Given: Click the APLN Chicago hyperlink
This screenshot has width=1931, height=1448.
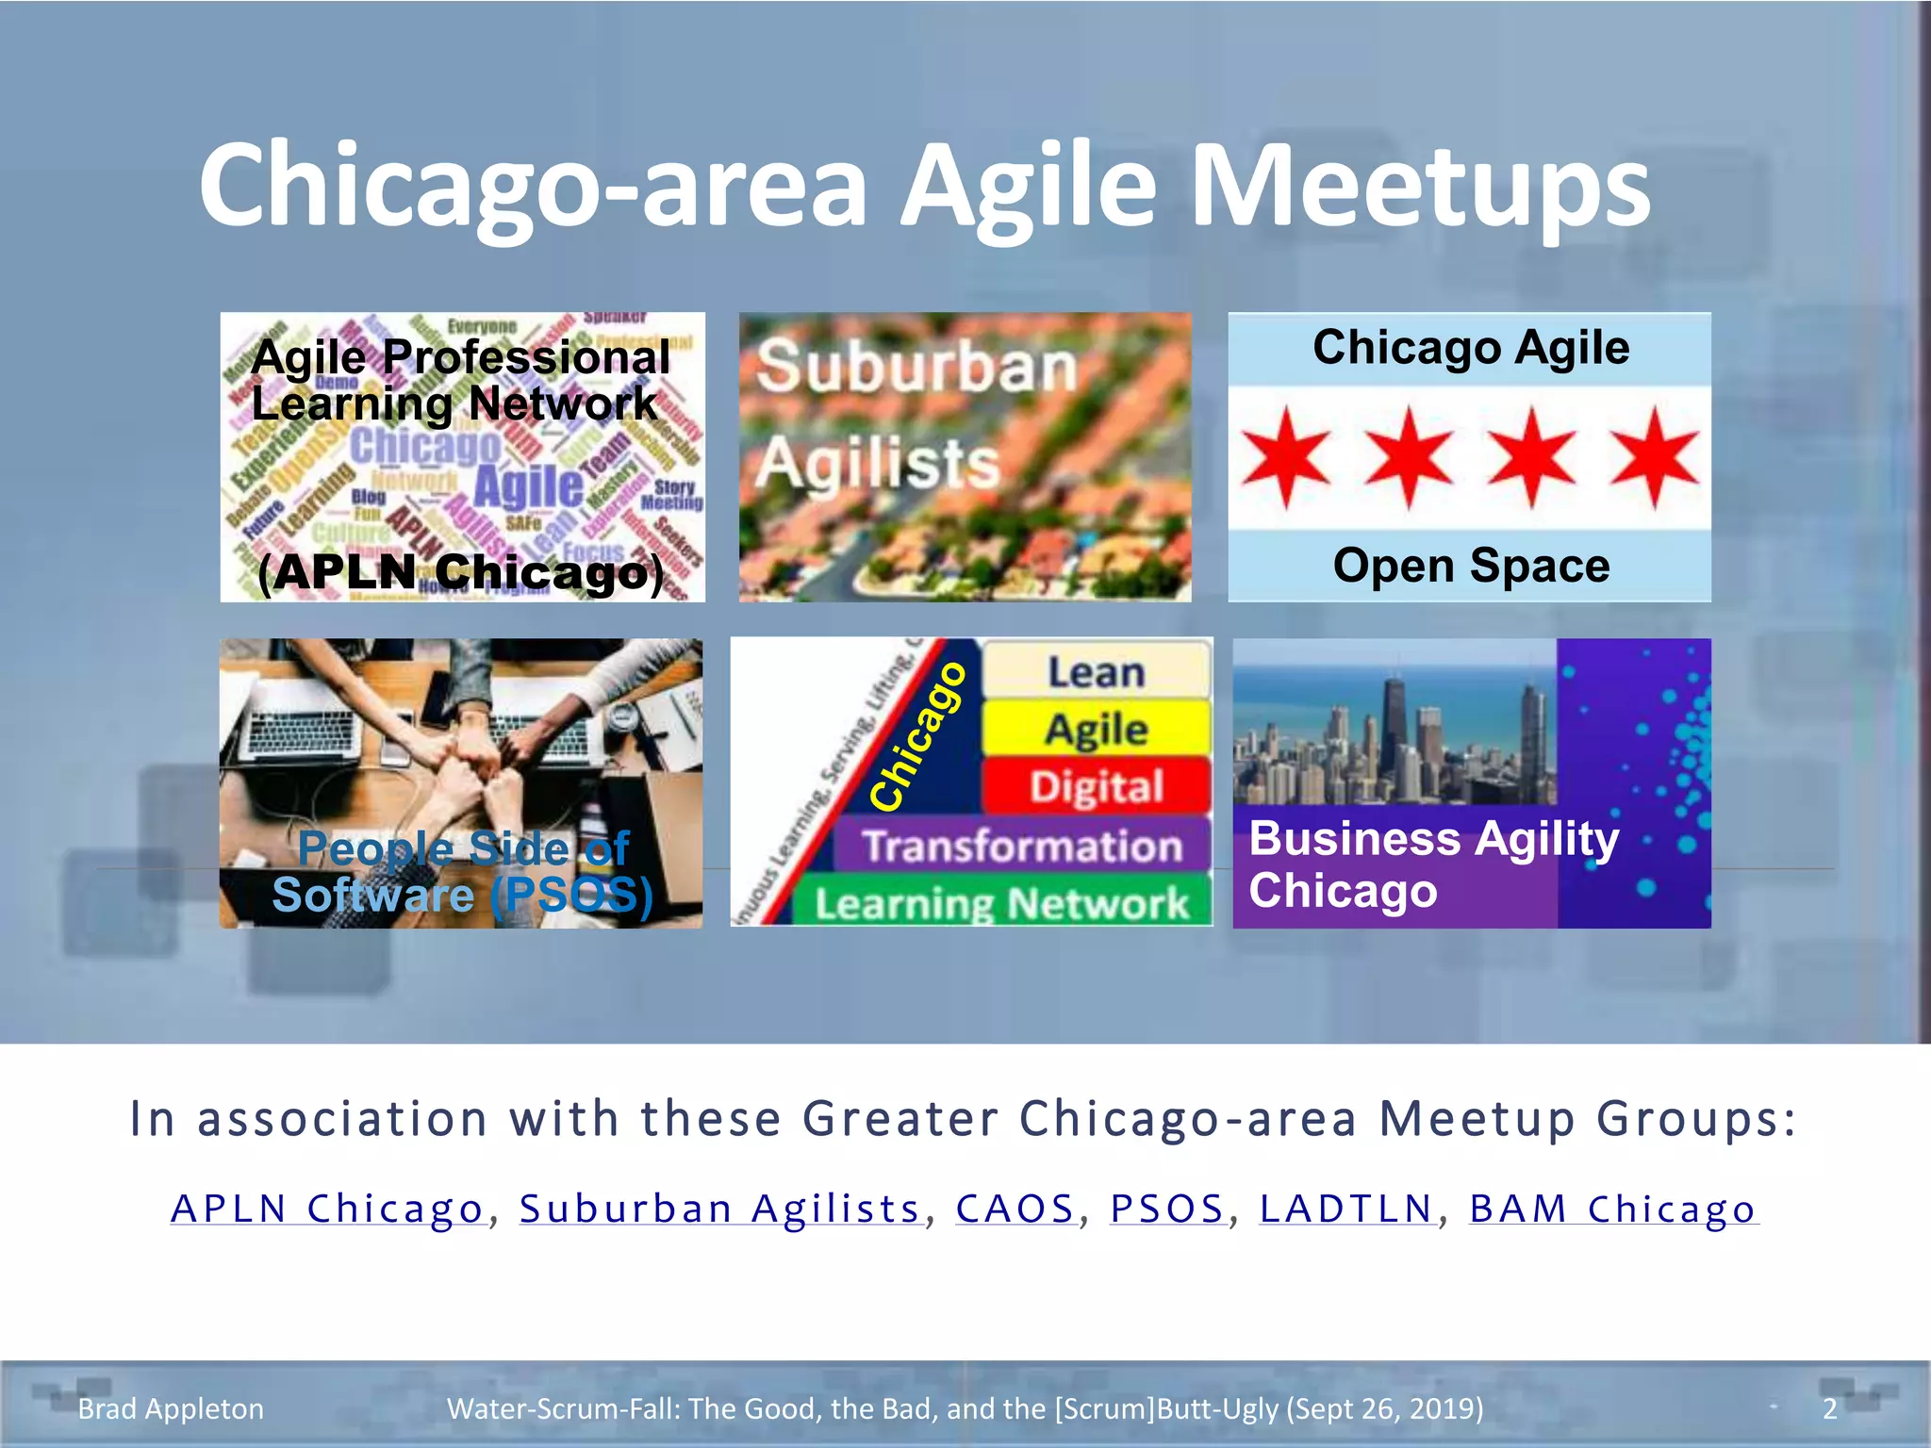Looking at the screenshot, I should (326, 1209).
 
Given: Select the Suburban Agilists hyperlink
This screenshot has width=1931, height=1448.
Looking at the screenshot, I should (719, 1209).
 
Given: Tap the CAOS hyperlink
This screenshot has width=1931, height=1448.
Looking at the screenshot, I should (1015, 1209).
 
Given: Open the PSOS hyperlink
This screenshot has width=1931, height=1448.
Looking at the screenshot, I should (1167, 1209).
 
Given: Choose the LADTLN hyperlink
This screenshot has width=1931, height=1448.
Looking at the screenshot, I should (1346, 1209).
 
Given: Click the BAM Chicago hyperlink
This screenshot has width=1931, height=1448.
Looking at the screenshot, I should (1613, 1209).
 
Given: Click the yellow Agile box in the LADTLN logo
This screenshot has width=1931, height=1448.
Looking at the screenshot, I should (1097, 730).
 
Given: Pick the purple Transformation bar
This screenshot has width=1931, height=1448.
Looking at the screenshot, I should (1022, 846).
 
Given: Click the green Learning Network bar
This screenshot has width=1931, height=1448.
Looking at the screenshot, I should (1001, 903).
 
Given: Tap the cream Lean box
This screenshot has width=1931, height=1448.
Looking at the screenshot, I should (1097, 672).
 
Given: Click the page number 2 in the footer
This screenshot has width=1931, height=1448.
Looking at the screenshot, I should (1829, 1408).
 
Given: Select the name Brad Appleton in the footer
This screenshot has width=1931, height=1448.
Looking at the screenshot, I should (171, 1408).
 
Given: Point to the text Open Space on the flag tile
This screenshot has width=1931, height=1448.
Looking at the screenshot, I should (1471, 566).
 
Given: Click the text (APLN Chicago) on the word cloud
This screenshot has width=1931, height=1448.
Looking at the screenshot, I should (461, 572).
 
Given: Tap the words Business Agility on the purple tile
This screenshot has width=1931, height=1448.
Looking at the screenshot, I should (1433, 838).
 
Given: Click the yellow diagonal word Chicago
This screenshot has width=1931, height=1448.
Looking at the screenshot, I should (917, 735).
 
